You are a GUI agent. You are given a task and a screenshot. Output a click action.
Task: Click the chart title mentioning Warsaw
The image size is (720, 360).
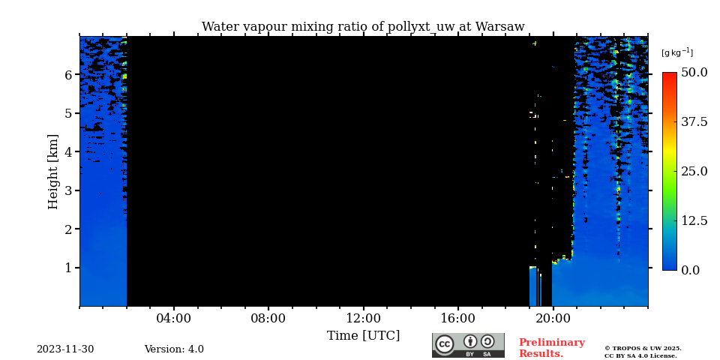363,27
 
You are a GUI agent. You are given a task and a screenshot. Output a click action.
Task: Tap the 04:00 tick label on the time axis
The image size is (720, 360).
173,319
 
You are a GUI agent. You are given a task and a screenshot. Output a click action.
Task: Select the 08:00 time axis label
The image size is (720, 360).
268,319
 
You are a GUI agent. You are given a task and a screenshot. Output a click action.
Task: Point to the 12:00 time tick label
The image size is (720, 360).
363,319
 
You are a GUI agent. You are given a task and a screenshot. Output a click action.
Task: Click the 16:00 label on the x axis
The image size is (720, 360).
457,319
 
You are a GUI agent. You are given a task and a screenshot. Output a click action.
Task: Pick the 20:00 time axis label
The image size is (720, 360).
552,319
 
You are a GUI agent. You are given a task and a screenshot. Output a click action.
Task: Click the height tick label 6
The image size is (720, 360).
68,75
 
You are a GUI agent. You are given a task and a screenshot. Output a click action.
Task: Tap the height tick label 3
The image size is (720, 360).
68,190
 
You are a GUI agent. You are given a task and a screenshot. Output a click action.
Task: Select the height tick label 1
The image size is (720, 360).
68,268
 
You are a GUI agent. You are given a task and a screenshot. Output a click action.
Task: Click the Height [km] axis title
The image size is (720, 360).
53,171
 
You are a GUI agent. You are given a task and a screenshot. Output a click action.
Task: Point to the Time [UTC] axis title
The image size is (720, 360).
363,336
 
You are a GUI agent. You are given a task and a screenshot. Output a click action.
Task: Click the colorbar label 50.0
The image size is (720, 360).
694,73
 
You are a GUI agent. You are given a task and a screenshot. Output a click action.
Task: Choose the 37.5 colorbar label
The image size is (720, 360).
694,122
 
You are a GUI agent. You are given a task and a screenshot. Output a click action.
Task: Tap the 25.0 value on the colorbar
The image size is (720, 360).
694,171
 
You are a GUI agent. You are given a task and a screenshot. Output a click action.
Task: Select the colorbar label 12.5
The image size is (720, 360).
694,220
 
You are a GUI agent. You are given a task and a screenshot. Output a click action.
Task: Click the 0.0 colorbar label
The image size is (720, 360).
690,270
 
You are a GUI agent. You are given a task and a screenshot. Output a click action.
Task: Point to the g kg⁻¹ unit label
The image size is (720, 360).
676,52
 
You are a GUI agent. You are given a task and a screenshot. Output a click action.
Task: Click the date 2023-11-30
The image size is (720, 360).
65,349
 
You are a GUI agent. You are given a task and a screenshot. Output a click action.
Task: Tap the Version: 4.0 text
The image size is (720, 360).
174,349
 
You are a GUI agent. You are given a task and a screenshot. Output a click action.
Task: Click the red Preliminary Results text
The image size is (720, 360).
551,348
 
